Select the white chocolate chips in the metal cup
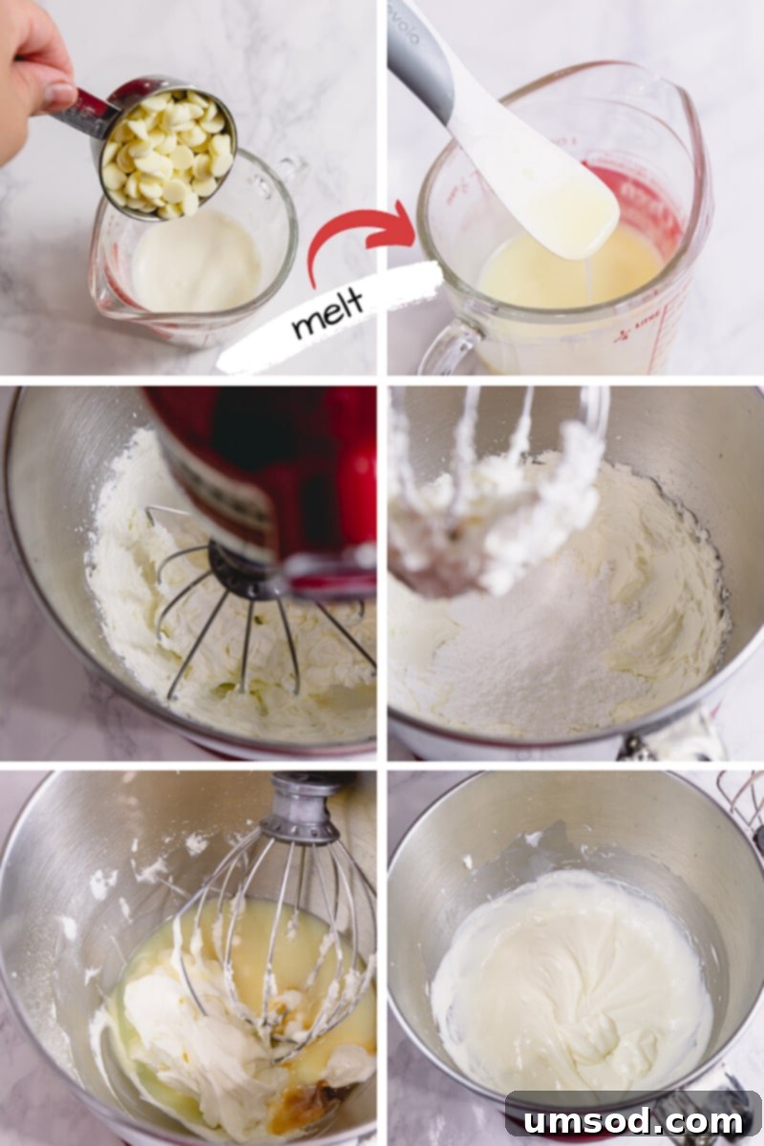click(x=169, y=154)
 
